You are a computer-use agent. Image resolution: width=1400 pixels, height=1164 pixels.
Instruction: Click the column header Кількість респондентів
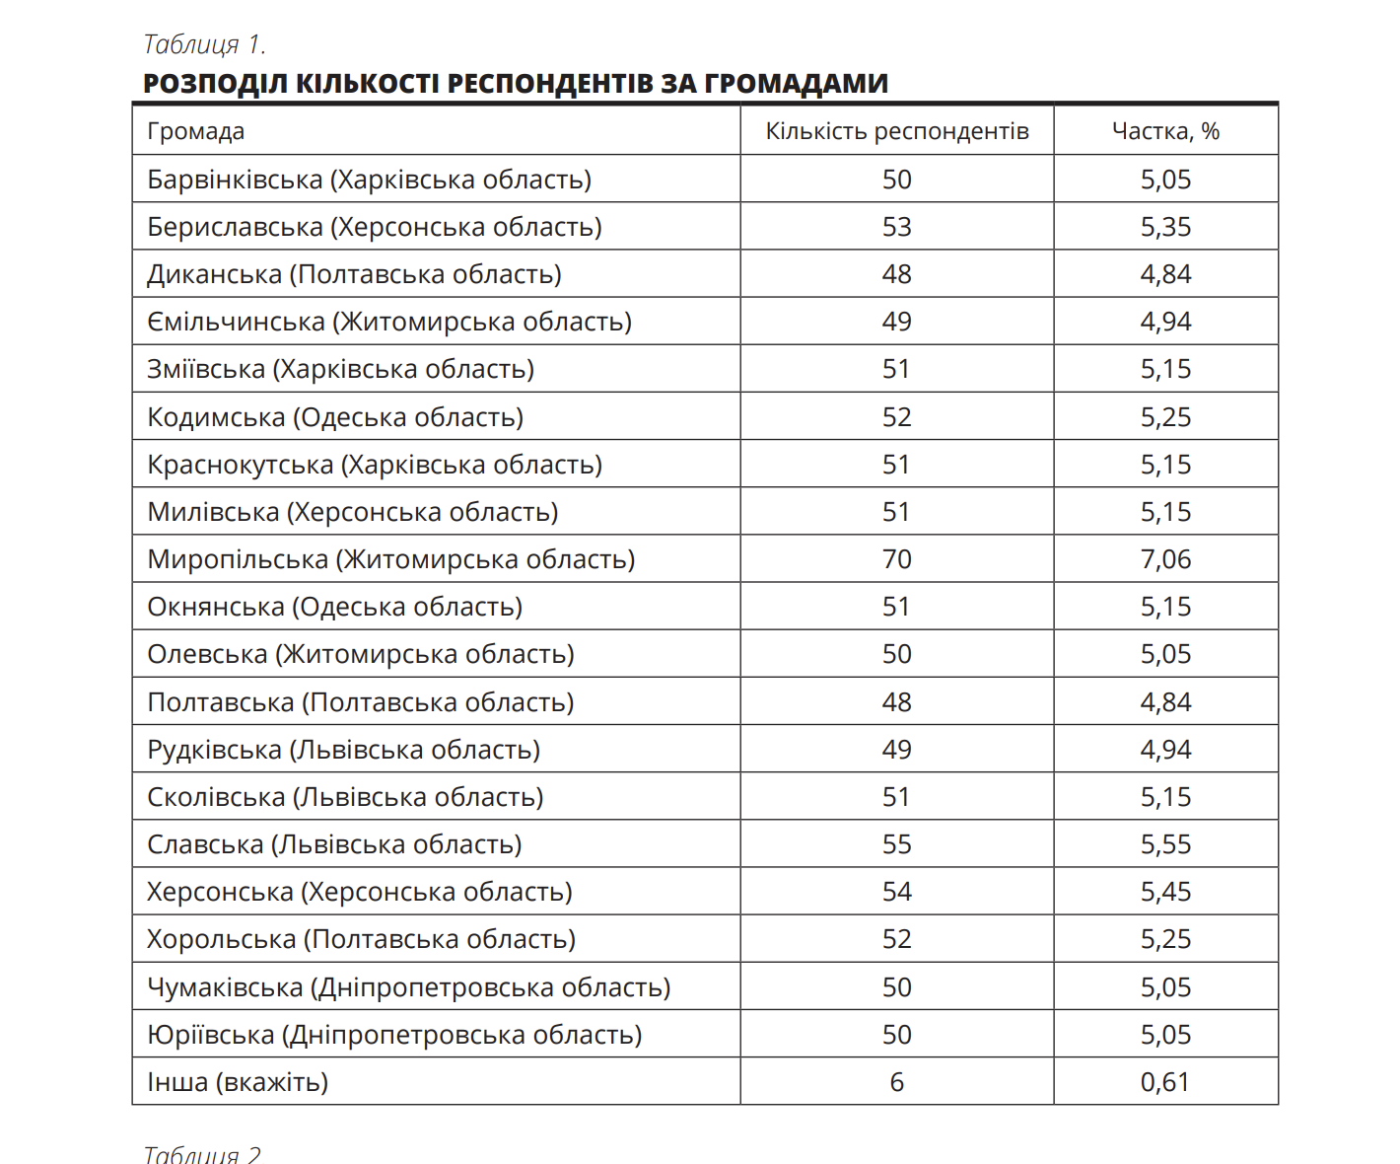(x=896, y=131)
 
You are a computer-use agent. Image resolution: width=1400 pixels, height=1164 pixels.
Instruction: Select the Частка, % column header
(x=1165, y=131)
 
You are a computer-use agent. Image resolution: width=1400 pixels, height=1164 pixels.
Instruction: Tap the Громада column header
(x=196, y=131)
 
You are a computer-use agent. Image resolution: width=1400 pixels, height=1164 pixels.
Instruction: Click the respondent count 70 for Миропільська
(x=896, y=559)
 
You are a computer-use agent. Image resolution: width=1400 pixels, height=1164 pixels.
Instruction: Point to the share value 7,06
(x=1165, y=559)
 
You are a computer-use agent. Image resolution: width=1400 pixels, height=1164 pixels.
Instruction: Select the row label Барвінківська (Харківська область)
(x=369, y=180)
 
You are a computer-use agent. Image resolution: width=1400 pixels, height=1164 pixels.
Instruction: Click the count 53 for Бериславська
(x=896, y=227)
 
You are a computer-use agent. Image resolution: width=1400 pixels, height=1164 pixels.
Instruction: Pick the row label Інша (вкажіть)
(x=238, y=1082)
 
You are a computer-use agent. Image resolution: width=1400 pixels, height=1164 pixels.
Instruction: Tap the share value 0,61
(x=1165, y=1082)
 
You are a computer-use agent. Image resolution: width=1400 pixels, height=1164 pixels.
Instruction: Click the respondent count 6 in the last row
(x=896, y=1082)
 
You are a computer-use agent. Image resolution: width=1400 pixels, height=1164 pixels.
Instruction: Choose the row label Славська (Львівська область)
(x=334, y=844)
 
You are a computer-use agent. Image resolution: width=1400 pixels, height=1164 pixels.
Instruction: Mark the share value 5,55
(x=1165, y=844)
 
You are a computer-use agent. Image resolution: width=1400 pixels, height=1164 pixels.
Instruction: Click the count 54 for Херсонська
(x=896, y=892)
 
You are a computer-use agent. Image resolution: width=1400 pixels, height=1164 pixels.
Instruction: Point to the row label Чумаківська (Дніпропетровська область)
(x=408, y=987)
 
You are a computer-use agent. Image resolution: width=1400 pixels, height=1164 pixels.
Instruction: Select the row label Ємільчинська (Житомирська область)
(x=389, y=322)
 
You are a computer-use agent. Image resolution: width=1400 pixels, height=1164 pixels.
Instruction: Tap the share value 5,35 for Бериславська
(x=1165, y=227)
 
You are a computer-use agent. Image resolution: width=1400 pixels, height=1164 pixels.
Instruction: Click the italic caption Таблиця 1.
(x=204, y=44)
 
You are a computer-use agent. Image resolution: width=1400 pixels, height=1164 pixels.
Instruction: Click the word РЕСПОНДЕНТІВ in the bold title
(x=550, y=83)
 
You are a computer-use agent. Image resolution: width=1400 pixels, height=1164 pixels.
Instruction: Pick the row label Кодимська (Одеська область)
(x=335, y=417)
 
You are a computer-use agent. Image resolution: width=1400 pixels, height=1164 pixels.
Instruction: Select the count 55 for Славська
(x=896, y=844)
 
